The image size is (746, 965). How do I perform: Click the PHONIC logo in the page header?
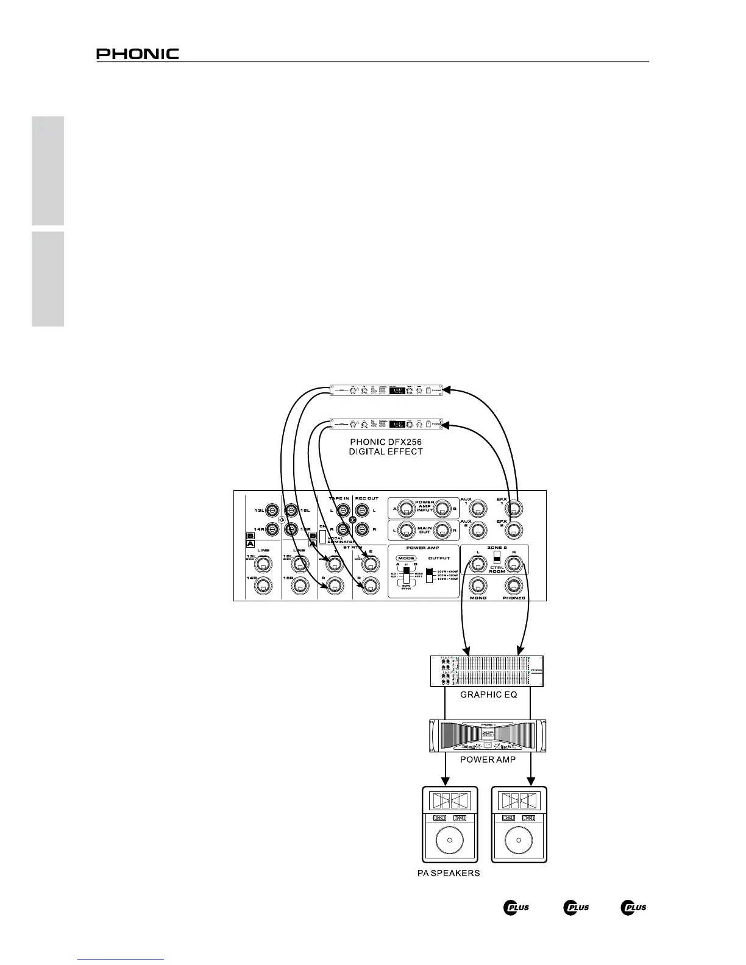coord(138,54)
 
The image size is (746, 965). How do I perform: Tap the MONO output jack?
coord(478,585)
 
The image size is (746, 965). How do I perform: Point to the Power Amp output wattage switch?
coord(429,574)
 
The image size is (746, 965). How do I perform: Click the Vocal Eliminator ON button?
coord(323,537)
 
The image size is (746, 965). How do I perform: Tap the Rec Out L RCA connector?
coord(362,509)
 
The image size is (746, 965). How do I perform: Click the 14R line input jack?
coord(262,585)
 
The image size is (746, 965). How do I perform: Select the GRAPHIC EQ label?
coord(488,695)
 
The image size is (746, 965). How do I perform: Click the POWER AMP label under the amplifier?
coord(488,759)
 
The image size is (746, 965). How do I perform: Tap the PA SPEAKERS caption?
coord(449,873)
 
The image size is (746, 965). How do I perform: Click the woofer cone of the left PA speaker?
coord(450,840)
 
